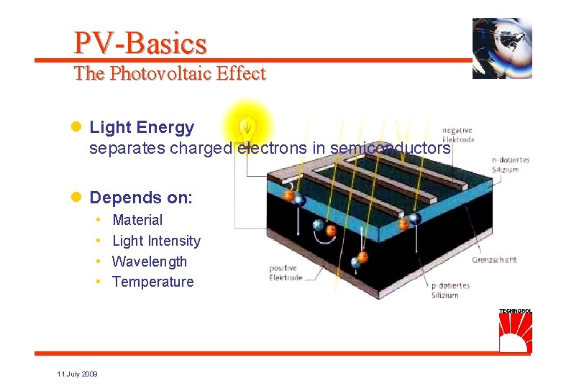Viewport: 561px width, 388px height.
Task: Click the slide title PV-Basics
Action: [x=140, y=44]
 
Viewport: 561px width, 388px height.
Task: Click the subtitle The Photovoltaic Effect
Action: [x=170, y=73]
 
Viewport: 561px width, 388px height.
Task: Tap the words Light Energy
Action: [x=142, y=128]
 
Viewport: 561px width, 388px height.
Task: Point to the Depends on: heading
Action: [x=141, y=198]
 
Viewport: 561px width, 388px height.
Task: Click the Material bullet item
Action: [x=137, y=220]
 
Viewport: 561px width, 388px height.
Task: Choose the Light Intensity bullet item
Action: [x=156, y=241]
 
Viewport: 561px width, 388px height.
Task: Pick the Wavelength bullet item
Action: [x=150, y=262]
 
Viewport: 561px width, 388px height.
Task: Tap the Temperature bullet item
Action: [x=153, y=282]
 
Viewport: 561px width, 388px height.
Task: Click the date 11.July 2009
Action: [x=78, y=374]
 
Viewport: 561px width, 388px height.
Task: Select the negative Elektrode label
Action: [x=458, y=134]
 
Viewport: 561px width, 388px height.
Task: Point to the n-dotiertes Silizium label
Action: [x=510, y=165]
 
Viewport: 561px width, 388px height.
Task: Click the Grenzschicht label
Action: [x=494, y=260]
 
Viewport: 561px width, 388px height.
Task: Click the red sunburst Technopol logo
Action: [x=515, y=333]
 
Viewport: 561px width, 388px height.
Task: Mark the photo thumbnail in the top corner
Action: [x=501, y=48]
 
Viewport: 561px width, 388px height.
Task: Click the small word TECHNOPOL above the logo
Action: [x=515, y=311]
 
